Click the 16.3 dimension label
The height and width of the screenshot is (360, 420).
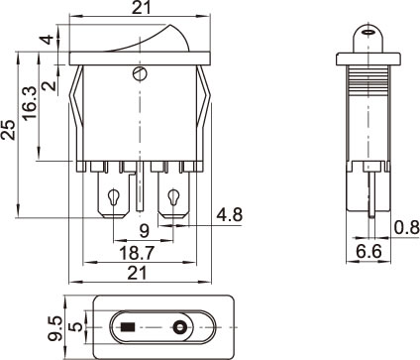pyautogui.click(x=30, y=103)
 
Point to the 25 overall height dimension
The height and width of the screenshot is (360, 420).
pyautogui.click(x=8, y=130)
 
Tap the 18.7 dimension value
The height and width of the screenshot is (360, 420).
pyautogui.click(x=137, y=253)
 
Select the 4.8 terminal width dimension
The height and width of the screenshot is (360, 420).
pyautogui.click(x=230, y=215)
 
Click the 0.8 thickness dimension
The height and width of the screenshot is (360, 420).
pyautogui.click(x=407, y=228)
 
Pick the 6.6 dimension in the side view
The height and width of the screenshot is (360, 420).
pyautogui.click(x=368, y=252)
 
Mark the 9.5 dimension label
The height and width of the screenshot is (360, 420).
pyautogui.click(x=54, y=328)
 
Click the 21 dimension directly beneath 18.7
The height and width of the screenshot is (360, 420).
pyautogui.click(x=137, y=273)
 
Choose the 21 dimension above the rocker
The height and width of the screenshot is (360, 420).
pyautogui.click(x=142, y=7)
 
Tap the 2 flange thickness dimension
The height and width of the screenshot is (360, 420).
pyautogui.click(x=50, y=85)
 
